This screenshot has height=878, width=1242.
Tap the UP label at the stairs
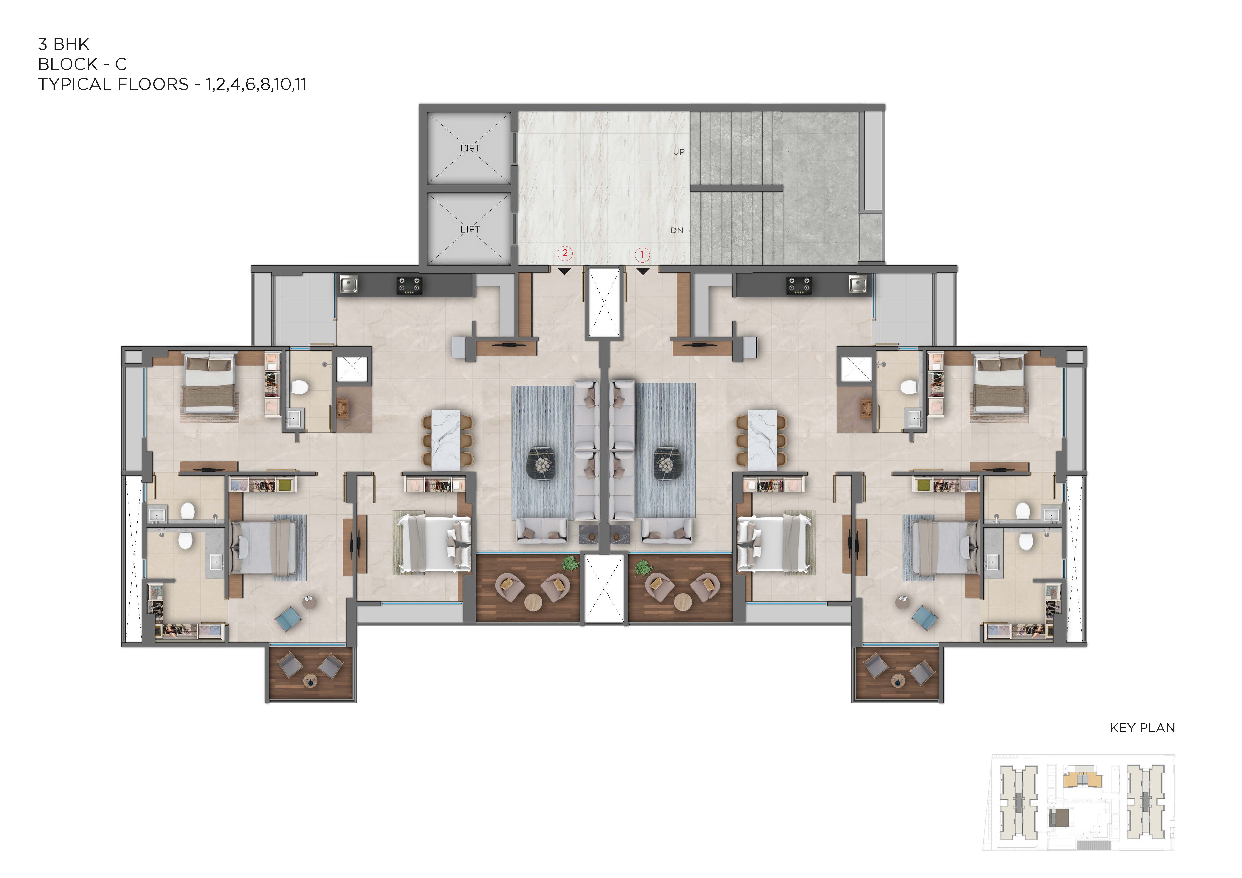(678, 152)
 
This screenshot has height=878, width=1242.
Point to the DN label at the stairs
(677, 230)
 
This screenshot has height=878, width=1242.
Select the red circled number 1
(642, 254)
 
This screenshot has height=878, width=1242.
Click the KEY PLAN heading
(1142, 728)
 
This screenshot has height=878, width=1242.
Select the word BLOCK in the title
(68, 64)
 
